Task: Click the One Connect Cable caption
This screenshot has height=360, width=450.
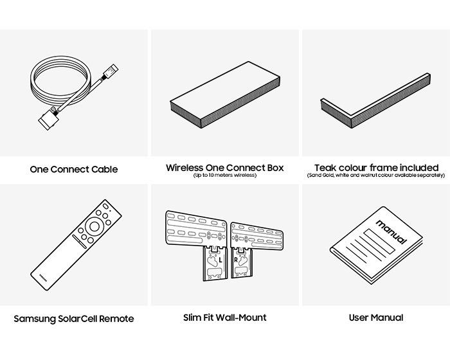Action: click(74, 170)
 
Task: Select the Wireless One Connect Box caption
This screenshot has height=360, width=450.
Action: click(224, 168)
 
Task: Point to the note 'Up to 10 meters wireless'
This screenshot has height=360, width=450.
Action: click(224, 175)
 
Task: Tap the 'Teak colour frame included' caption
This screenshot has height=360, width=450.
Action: click(376, 168)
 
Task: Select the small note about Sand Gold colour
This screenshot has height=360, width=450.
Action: click(376, 175)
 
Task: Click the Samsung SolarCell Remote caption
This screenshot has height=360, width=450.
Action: click(74, 318)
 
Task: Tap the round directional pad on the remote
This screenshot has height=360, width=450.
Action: click(94, 225)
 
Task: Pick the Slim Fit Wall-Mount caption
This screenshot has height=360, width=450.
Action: click(224, 318)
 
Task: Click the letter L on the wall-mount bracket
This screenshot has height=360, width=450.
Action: click(219, 261)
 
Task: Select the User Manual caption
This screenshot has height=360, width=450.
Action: click(376, 318)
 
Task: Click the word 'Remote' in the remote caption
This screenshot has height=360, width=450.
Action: click(117, 318)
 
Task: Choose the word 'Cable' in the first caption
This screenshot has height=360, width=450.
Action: click(104, 170)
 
